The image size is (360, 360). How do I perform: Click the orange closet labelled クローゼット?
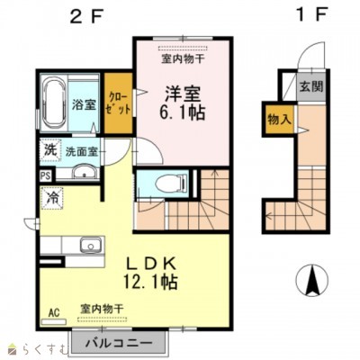pos(117,103)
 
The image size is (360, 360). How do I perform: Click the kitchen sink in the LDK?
pos(90,245)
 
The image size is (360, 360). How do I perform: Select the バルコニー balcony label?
pos(126,343)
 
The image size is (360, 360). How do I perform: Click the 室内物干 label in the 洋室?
pos(183,59)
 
